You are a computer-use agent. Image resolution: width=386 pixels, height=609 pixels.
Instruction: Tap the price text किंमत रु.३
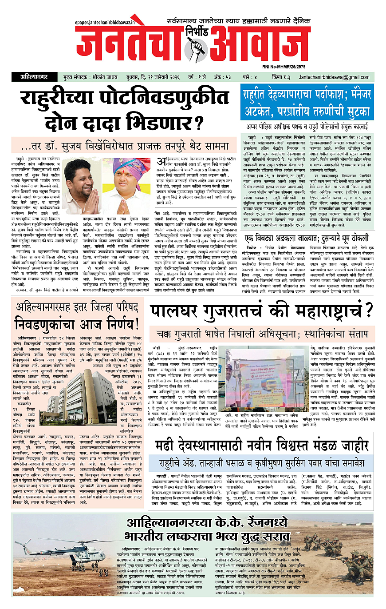(270, 77)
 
